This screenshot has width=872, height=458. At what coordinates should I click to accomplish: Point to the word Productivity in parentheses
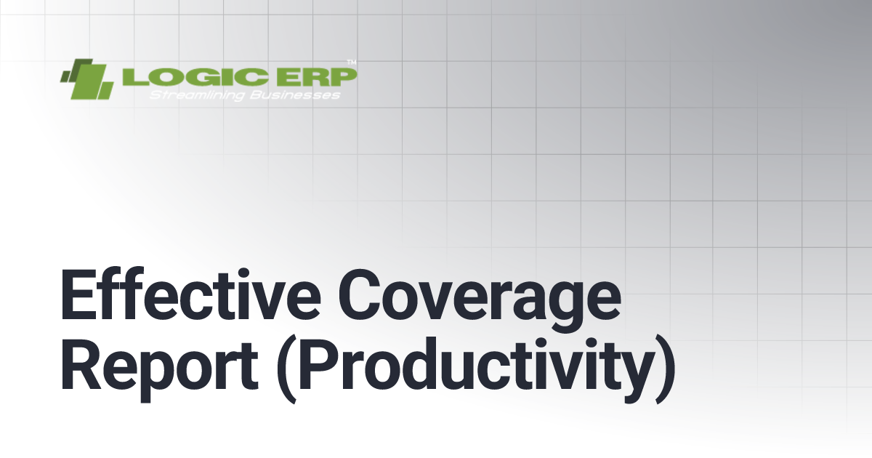pos(476,371)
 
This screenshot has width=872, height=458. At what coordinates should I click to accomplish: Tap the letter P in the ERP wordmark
pos(343,76)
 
